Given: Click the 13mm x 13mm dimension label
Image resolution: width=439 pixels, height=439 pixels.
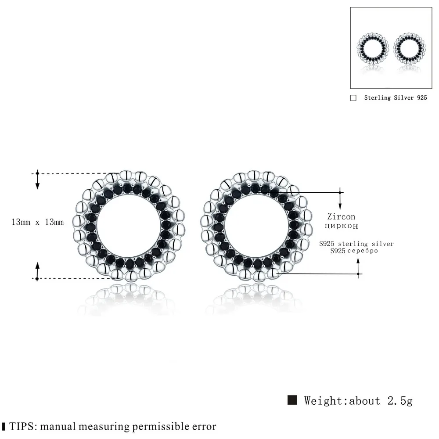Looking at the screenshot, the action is point(37,222).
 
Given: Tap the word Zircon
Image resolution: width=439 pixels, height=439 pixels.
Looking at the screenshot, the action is point(341,216).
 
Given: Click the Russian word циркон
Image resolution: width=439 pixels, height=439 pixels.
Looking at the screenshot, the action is point(341,226).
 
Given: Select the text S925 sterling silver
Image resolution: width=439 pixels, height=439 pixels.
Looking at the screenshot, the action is point(356,244).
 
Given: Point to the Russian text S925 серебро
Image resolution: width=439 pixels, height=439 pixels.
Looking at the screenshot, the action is point(354,251).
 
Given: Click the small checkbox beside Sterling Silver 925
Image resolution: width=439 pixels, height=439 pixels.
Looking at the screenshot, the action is point(353,98).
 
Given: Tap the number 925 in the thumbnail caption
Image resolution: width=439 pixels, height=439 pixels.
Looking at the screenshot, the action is point(422,98).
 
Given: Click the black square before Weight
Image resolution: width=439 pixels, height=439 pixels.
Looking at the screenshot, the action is point(292,400).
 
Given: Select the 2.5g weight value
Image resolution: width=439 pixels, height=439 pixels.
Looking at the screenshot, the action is point(400,401).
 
